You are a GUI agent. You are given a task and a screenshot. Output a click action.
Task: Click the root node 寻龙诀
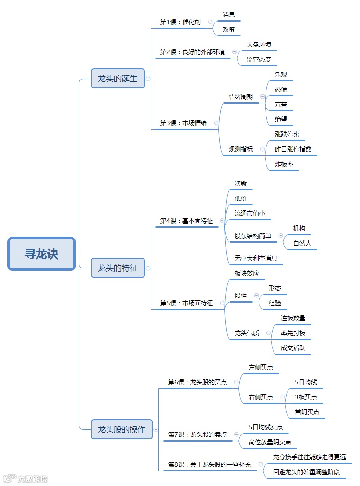click(x=42, y=254)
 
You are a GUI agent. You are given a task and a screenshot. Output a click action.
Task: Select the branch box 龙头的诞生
click(x=118, y=79)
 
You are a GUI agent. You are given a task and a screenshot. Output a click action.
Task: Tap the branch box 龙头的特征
click(x=118, y=268)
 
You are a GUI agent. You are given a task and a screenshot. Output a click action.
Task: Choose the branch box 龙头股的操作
click(x=122, y=429)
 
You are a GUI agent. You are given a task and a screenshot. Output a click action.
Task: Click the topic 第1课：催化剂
click(x=180, y=22)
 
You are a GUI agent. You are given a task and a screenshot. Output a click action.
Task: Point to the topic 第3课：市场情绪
click(x=183, y=123)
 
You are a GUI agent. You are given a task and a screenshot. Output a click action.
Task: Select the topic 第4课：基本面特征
click(x=186, y=221)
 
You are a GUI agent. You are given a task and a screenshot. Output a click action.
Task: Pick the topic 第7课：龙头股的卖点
click(x=197, y=435)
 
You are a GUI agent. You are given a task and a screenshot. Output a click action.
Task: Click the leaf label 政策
click(x=229, y=29)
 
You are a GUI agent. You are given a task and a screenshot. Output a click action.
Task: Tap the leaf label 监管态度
click(x=259, y=59)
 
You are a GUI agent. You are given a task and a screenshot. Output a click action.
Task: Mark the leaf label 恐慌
click(x=281, y=89)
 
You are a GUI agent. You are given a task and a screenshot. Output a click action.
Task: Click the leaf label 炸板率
click(x=284, y=164)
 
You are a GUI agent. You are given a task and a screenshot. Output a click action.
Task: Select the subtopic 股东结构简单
click(x=253, y=236)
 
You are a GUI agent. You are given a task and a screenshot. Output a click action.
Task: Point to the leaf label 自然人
click(x=302, y=243)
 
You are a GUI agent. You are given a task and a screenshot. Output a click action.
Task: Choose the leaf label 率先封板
click(x=293, y=333)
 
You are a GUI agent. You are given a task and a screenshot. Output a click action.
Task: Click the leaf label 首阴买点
click(x=307, y=412)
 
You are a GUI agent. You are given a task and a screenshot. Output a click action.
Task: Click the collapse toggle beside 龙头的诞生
click(x=148, y=79)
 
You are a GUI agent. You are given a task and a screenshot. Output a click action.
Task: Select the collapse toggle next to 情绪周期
click(x=262, y=97)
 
